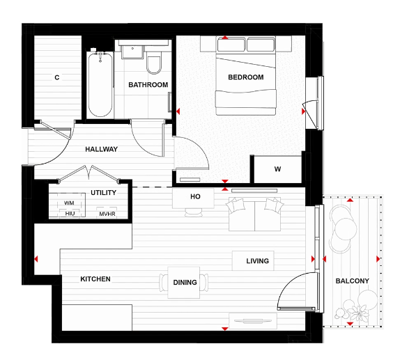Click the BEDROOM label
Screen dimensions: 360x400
(246, 77)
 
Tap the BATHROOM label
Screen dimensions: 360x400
(148, 85)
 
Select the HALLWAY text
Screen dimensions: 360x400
(101, 149)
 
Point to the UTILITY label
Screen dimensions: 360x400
(103, 192)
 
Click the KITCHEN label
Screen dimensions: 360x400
(95, 279)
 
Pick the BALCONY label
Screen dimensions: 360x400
(352, 281)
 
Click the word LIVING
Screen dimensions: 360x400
(257, 261)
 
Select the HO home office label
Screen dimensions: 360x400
(196, 197)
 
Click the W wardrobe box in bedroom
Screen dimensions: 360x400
(277, 169)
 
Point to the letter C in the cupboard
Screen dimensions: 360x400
(57, 77)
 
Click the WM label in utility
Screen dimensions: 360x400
(69, 203)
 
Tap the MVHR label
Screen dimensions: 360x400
(107, 214)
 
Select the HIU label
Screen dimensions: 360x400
(69, 214)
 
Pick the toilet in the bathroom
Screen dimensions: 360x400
(155, 65)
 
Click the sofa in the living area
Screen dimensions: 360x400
(254, 214)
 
